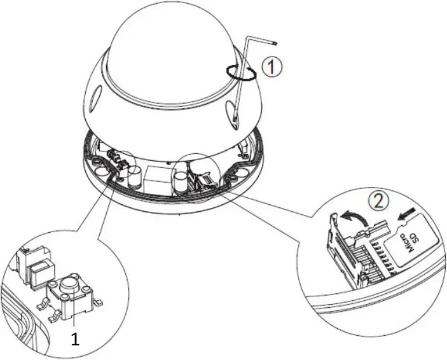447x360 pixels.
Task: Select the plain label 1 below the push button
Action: pos(75,340)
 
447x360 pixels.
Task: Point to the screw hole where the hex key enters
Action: pos(232,117)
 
